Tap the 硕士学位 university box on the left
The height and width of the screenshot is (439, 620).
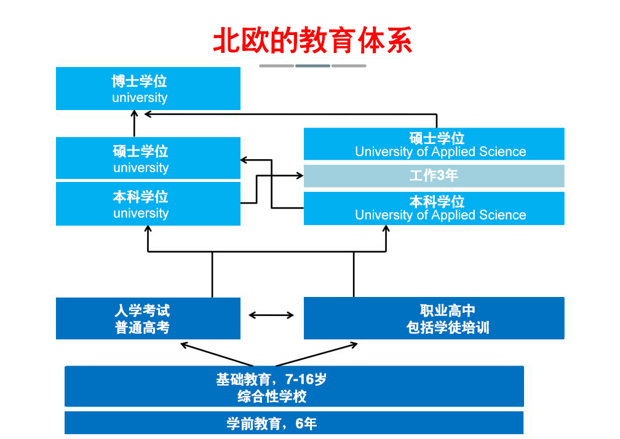pyautogui.click(x=148, y=159)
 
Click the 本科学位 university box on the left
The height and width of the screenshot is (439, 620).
pyautogui.click(x=148, y=204)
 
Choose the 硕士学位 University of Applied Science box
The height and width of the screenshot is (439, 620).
pyautogui.click(x=434, y=144)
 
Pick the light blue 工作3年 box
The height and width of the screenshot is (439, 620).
pyautogui.click(x=434, y=176)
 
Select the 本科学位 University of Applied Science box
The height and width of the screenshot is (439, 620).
pyautogui.click(x=434, y=208)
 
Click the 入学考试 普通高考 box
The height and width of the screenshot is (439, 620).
pyautogui.click(x=148, y=318)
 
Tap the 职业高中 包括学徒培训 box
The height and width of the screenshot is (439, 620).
pyautogui.click(x=434, y=318)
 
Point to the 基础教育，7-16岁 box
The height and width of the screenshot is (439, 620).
pyautogui.click(x=294, y=387)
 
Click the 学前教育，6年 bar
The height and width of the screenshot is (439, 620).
pyautogui.click(x=294, y=423)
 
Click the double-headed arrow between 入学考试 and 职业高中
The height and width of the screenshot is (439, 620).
pyautogui.click(x=271, y=315)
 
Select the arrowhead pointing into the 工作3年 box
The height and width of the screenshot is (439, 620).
pyautogui.click(x=300, y=176)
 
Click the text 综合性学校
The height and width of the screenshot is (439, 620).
pyautogui.click(x=272, y=397)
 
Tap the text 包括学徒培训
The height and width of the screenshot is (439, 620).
pyautogui.click(x=448, y=327)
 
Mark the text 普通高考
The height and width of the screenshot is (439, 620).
pyautogui.click(x=142, y=327)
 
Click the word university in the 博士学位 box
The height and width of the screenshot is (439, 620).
pyautogui.click(x=140, y=98)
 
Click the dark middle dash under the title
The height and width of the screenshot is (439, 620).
pyautogui.click(x=312, y=66)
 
